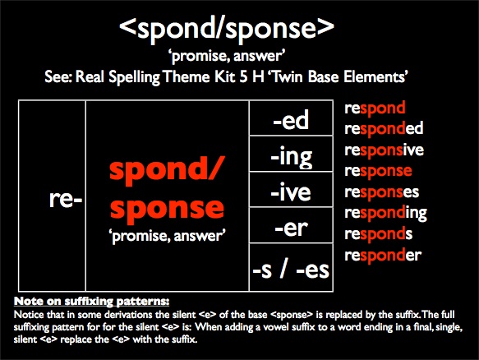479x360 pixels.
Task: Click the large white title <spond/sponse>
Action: coord(227,28)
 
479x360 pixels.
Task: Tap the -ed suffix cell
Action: coord(291,118)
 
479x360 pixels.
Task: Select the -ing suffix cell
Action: coord(291,154)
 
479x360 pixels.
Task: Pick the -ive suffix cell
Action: coord(291,190)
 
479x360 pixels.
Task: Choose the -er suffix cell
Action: coord(291,225)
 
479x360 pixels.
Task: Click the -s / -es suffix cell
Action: coord(291,267)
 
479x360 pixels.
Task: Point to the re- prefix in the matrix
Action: coord(66,201)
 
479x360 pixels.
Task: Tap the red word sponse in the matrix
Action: coord(167,208)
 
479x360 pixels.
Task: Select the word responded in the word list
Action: coord(384,129)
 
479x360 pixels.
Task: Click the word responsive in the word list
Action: coord(385,150)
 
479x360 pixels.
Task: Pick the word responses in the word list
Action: coord(382,192)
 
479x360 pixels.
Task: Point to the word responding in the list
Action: coord(386,213)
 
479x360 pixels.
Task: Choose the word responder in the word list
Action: coord(383,255)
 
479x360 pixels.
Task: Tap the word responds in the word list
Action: coord(379,234)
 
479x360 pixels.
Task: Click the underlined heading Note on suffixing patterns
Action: coord(92,301)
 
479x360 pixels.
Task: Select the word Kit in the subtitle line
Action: coord(225,76)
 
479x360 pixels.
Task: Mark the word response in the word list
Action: coord(378,171)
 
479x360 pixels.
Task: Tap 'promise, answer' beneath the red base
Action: coord(167,236)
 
